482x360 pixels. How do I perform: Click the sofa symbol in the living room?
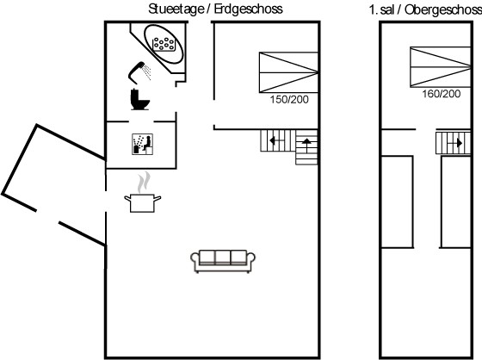tap(223, 261)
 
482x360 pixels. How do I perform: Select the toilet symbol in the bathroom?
tap(139, 99)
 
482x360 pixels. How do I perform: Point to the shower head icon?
tap(136, 72)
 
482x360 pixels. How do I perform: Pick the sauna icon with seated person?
tap(142, 144)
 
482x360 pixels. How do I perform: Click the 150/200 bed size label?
tap(289, 99)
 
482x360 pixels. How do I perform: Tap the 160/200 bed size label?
tap(441, 94)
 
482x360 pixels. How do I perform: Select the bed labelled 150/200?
tap(288, 72)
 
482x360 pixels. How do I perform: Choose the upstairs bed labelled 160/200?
tap(440, 67)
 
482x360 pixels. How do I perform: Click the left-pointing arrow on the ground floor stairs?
tap(275, 140)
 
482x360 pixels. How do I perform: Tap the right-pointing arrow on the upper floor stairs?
tap(455, 143)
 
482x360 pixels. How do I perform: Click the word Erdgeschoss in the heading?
tap(248, 9)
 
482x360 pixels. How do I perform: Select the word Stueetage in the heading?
tap(176, 9)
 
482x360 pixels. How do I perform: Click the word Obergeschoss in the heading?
tap(443, 9)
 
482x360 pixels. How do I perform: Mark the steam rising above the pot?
tap(144, 183)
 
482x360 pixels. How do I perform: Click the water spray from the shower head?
tap(147, 72)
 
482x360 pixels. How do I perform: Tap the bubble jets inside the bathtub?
tap(164, 44)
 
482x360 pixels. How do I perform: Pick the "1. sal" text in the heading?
tap(381, 9)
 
